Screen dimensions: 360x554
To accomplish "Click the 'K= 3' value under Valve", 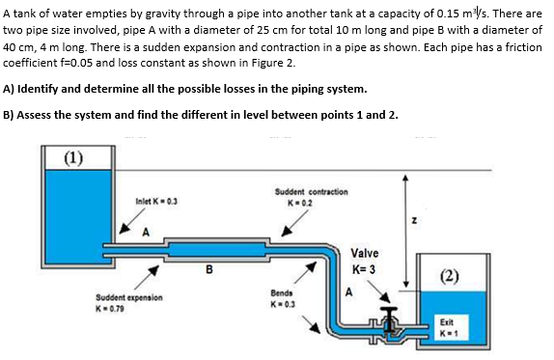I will point(365,268).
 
